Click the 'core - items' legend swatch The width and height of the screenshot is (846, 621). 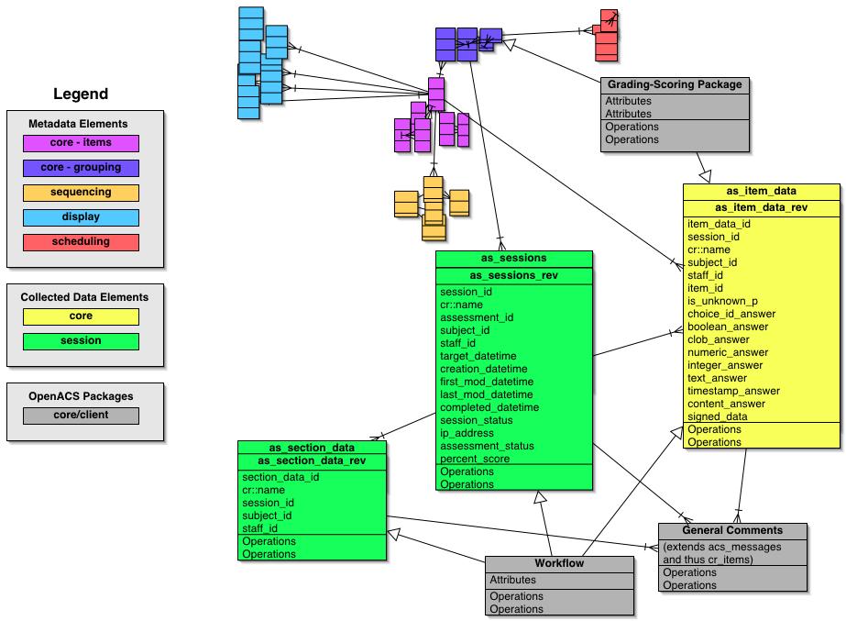coord(81,143)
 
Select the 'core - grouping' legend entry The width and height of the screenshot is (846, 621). coord(81,168)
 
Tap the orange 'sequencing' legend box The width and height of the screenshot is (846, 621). coord(81,193)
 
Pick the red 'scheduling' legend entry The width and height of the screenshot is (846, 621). coord(81,242)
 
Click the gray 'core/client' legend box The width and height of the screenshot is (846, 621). coord(81,416)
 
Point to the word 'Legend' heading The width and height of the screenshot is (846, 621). coord(81,94)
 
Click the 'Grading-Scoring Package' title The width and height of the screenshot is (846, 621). coord(675,84)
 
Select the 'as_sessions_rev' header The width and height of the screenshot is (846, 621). coord(514,275)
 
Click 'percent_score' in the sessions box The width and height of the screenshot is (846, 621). coord(476,459)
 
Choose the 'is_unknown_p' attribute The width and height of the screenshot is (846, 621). coord(722,301)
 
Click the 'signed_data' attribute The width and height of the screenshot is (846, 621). coord(718,416)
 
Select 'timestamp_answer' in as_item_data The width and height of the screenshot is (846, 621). coord(733,391)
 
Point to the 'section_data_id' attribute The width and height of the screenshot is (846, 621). coord(280,477)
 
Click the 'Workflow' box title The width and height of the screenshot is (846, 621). coord(559,563)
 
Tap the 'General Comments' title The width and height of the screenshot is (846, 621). coord(732,530)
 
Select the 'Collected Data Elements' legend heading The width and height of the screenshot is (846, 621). coord(84,297)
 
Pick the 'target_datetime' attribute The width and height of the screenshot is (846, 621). coord(478,356)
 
